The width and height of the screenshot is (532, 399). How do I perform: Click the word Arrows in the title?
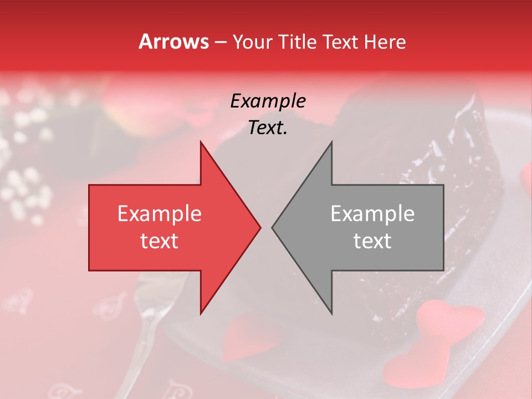pyautogui.click(x=173, y=42)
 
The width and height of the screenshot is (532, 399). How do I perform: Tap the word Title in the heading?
pyautogui.click(x=298, y=42)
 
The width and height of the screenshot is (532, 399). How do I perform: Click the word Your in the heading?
pyautogui.click(x=252, y=42)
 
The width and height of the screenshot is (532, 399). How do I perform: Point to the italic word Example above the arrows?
pyautogui.click(x=268, y=101)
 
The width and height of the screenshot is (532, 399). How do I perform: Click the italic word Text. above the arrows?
pyautogui.click(x=268, y=128)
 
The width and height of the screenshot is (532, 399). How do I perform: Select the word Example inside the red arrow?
pyautogui.click(x=160, y=214)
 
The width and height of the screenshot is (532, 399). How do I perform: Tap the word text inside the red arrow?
pyautogui.click(x=160, y=241)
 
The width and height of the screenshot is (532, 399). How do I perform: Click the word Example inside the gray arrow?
pyautogui.click(x=372, y=214)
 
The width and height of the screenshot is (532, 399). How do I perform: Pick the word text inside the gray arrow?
pyautogui.click(x=372, y=241)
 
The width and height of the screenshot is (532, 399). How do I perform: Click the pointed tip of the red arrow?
pyautogui.click(x=259, y=227)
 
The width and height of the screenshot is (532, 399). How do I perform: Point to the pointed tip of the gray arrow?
pyautogui.click(x=273, y=227)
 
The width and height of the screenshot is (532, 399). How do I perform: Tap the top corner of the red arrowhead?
pyautogui.click(x=201, y=142)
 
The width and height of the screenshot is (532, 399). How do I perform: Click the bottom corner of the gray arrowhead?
pyautogui.click(x=331, y=313)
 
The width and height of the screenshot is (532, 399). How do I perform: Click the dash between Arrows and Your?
pyautogui.click(x=219, y=42)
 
